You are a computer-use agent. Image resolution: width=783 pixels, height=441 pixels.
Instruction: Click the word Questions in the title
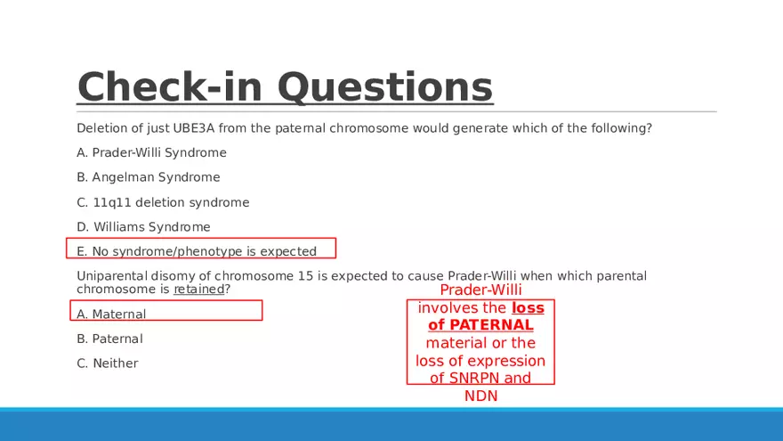tap(385, 87)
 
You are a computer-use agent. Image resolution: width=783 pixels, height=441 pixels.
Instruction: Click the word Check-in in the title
tap(170, 86)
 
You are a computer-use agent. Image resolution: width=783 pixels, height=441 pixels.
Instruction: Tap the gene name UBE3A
tap(194, 128)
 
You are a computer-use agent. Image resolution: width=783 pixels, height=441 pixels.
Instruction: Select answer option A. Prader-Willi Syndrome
tap(151, 152)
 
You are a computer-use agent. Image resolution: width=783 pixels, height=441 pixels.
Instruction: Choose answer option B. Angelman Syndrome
tap(149, 177)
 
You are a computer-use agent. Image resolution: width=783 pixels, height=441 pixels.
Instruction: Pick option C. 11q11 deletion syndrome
tap(163, 202)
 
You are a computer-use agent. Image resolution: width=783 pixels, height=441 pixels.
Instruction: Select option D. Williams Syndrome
tap(143, 226)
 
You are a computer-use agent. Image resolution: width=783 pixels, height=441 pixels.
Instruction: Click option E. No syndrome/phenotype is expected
tap(197, 251)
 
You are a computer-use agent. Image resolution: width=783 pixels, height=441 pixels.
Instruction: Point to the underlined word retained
tap(198, 289)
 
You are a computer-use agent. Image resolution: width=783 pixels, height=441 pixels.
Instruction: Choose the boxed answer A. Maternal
tap(111, 314)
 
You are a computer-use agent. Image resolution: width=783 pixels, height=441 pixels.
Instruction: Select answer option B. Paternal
tap(109, 339)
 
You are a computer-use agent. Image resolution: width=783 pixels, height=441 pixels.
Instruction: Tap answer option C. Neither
tap(108, 363)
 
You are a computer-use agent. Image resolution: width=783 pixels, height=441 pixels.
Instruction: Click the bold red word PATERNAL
tap(491, 325)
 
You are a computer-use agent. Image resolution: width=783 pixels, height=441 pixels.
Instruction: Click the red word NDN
tap(480, 396)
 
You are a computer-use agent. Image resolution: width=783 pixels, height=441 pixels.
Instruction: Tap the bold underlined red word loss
tap(528, 307)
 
